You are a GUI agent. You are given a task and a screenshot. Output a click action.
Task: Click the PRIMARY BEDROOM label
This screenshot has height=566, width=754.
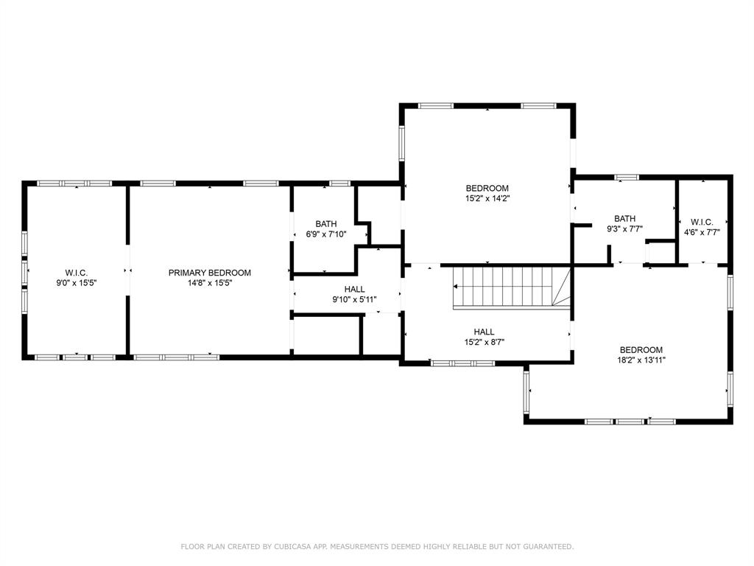(x=209, y=273)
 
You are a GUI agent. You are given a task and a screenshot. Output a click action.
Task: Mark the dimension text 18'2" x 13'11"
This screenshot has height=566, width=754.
(x=641, y=360)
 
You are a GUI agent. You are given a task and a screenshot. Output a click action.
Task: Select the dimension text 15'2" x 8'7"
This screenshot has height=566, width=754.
(x=484, y=342)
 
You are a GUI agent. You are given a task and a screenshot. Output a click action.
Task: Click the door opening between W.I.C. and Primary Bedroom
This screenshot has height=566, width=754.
(x=128, y=270)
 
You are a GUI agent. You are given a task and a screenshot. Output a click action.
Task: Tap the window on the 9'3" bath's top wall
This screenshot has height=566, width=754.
(x=626, y=177)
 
